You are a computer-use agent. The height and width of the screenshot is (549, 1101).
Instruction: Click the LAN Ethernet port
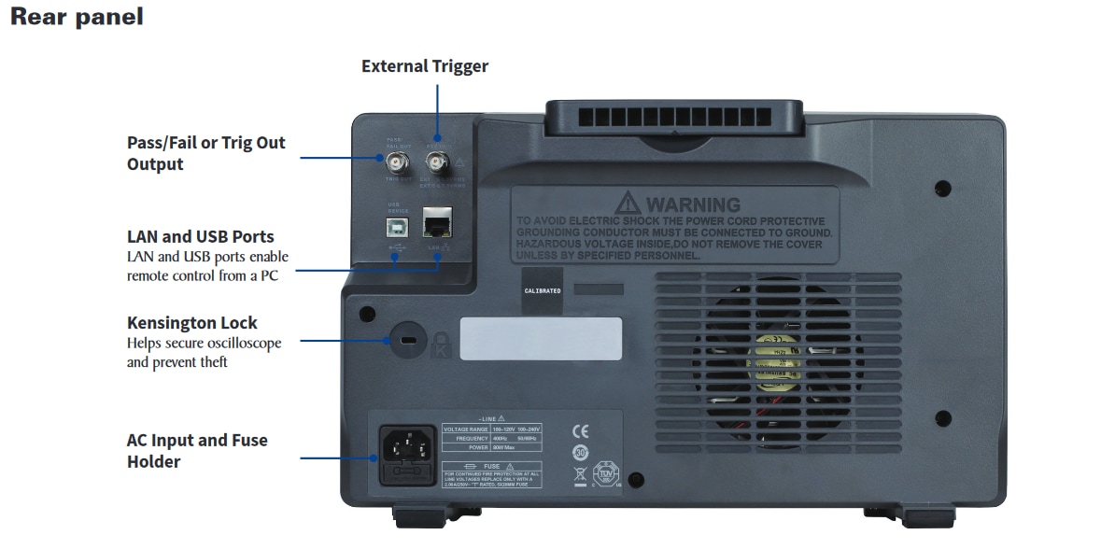pos(437,224)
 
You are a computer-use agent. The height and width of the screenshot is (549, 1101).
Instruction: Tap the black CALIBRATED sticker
pos(543,290)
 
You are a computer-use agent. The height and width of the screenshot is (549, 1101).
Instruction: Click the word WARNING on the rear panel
pos(693,204)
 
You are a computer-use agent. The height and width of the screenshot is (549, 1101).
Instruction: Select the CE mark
pos(581,431)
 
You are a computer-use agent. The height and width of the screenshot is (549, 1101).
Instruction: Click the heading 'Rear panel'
pos(77,17)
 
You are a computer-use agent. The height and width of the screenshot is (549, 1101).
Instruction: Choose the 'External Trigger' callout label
pos(425,66)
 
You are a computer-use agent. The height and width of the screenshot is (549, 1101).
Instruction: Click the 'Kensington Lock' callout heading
pos(192,323)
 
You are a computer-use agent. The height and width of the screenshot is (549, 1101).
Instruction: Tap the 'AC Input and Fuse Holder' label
pos(197,450)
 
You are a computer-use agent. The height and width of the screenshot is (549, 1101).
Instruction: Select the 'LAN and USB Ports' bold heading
pos(201,236)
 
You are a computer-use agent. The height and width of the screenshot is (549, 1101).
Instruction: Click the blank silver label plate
pos(541,338)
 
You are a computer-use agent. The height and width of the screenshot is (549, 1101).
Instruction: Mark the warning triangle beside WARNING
pos(629,203)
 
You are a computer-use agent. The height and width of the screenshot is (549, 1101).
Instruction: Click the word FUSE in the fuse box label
pos(491,464)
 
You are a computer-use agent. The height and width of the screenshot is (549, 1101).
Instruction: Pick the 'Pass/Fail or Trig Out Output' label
pos(206,153)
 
